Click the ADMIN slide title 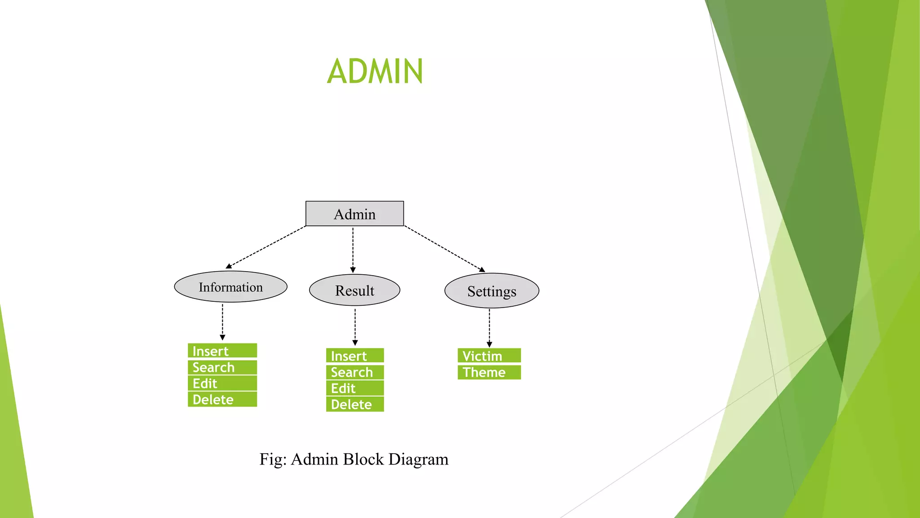(375, 71)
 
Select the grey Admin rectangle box (354, 214)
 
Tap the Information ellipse (230, 287)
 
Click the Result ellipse (354, 290)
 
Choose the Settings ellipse (491, 291)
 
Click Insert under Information (222, 351)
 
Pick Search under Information (222, 367)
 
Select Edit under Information (222, 384)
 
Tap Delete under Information (222, 399)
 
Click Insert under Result (354, 356)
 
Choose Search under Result (354, 372)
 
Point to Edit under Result (354, 388)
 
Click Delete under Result (354, 404)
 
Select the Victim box (489, 356)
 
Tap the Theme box (489, 372)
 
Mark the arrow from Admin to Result (353, 250)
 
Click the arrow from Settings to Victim (489, 327)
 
